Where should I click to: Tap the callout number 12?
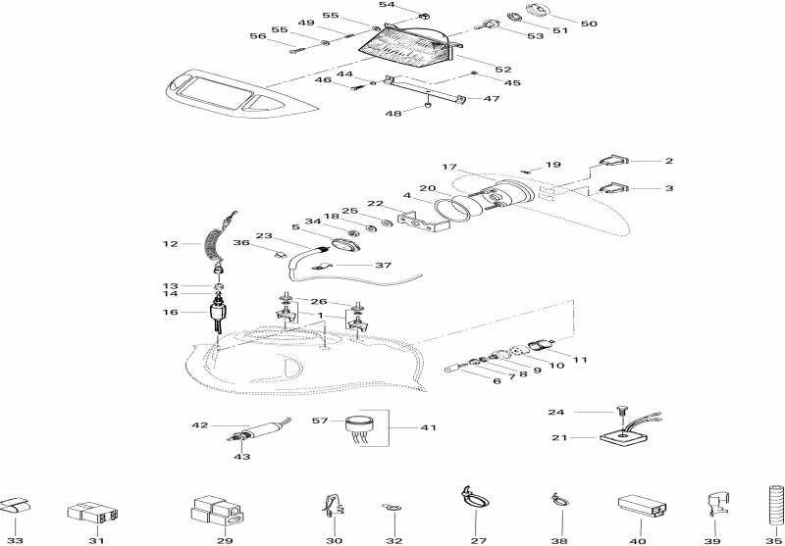click(x=169, y=242)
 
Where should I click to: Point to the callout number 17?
click(x=449, y=167)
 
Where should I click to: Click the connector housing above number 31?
click(x=95, y=512)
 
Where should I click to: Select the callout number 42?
click(x=200, y=425)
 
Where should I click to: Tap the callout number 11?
click(x=580, y=360)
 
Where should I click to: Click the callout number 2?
click(x=668, y=160)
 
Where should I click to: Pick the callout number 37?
click(x=355, y=265)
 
